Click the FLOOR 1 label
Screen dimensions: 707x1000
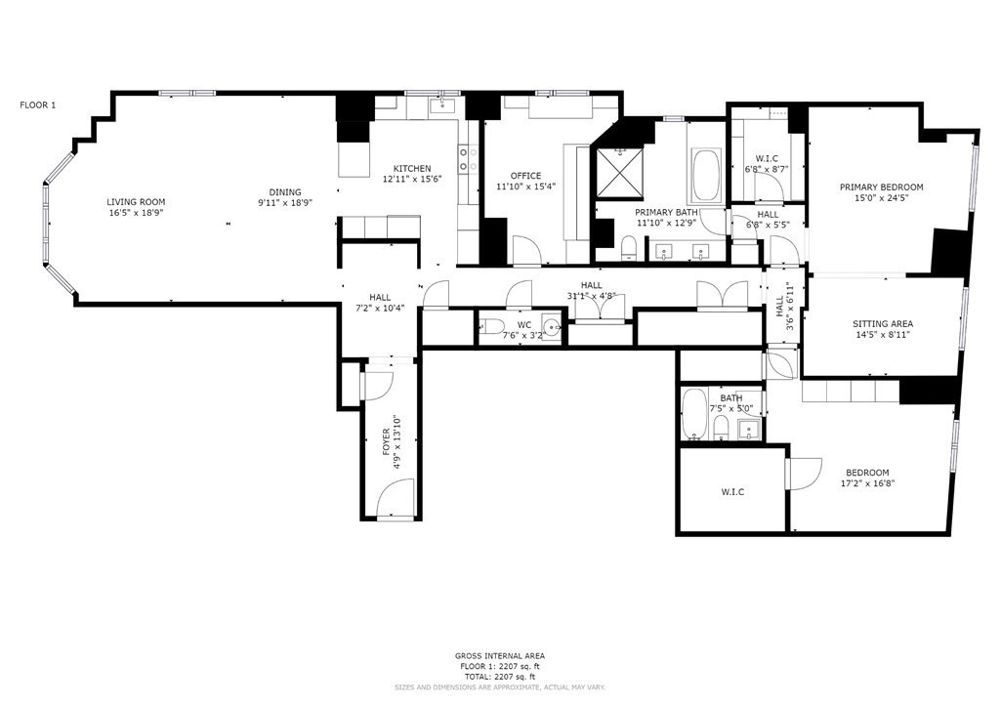click(37, 104)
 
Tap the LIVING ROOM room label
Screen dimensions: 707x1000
click(135, 202)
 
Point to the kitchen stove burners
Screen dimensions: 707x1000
click(467, 159)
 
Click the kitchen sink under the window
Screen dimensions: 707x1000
click(443, 105)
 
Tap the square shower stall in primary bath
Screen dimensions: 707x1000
click(620, 171)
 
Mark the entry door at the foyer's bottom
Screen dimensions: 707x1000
click(395, 505)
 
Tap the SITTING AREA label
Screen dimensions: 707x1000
click(882, 323)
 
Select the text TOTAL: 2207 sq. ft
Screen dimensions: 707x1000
click(499, 676)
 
